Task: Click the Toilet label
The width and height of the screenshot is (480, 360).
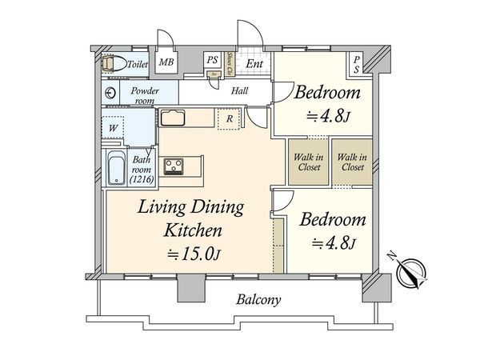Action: pos(138,64)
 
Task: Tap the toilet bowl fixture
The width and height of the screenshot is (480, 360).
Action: pos(114,64)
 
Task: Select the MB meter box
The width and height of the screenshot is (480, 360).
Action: pos(166,62)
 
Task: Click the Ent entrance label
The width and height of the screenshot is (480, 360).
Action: pos(254,64)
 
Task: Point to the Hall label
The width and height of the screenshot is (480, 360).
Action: pos(239,90)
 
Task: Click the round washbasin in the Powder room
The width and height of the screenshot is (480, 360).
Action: pos(110,93)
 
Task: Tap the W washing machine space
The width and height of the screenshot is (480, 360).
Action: pos(113,128)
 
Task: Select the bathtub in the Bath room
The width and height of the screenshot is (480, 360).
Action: pos(117,168)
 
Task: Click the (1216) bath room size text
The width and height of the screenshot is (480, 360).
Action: pos(142,179)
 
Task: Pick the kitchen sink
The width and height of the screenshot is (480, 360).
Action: pos(173,118)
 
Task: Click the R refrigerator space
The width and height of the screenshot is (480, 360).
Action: pos(229,118)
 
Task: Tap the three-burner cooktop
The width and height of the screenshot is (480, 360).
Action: pos(174,166)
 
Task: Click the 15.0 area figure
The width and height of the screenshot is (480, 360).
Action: pos(198,254)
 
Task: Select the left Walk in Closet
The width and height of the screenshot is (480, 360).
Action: pos(309,162)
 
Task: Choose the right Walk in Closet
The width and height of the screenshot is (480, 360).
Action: pos(352,162)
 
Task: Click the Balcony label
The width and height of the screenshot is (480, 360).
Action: pos(258,300)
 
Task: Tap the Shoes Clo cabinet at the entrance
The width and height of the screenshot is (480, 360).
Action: pos(230,64)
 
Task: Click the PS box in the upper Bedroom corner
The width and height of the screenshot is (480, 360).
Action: pos(357,65)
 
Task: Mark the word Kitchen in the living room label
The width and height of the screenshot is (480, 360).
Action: pos(193,230)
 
